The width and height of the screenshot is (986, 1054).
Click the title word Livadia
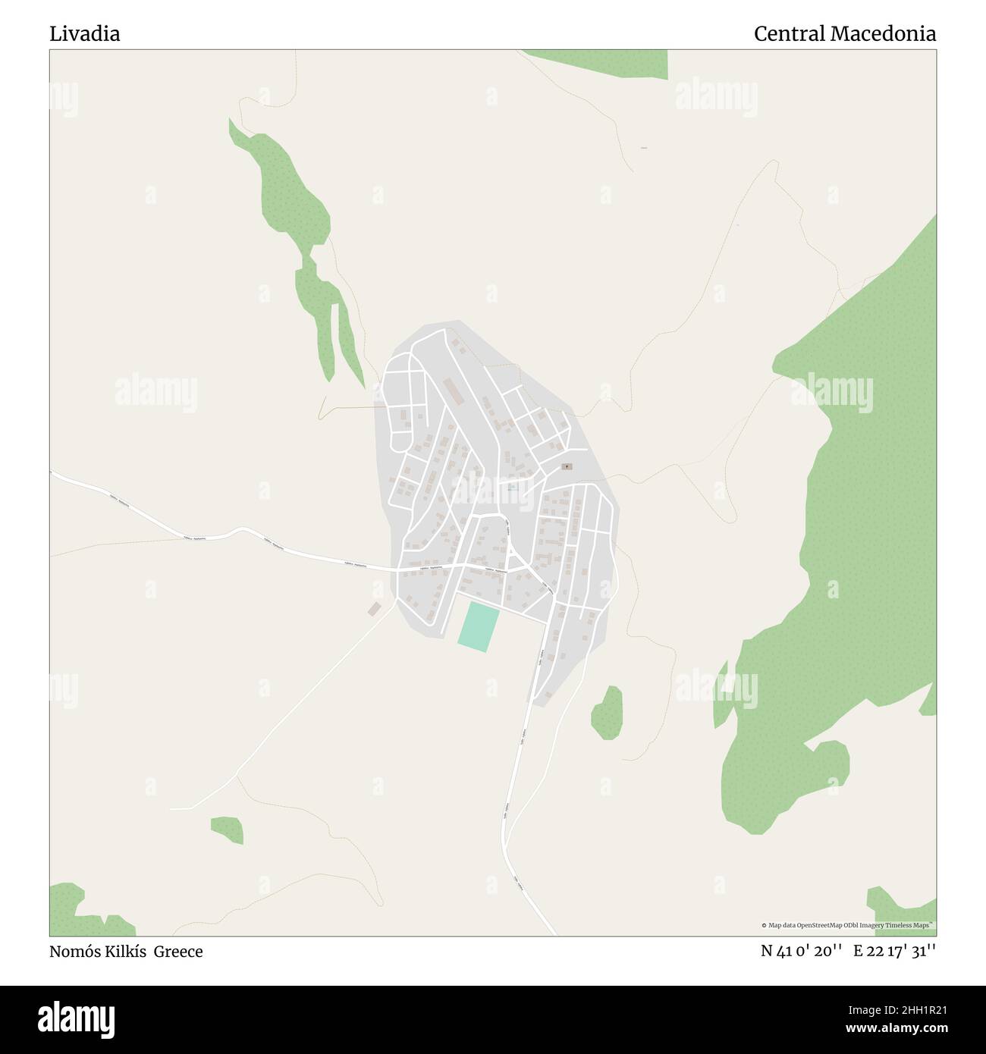85,33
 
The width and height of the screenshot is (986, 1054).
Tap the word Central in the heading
789,33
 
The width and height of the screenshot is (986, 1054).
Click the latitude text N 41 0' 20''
802,951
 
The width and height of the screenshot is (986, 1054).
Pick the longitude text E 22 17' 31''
894,951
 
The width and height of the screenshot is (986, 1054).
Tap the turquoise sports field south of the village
479,626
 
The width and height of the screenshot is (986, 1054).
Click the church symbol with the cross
567,466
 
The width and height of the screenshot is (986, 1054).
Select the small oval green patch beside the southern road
608,712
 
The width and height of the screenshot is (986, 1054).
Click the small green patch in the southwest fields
228,830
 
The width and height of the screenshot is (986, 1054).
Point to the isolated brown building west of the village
374,609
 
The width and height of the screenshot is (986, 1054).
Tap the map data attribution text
847,925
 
